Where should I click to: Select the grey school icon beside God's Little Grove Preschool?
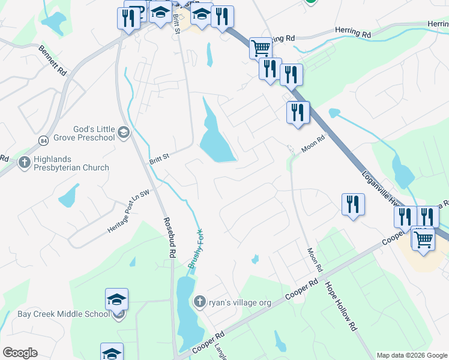(x=124, y=132)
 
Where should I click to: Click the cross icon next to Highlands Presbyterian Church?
(x=24, y=162)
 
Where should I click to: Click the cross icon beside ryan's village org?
(x=200, y=301)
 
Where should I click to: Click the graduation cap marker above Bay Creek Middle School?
(x=117, y=299)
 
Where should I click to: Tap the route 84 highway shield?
(x=42, y=140)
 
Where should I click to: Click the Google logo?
(x=20, y=353)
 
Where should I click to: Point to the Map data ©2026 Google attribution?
(x=412, y=355)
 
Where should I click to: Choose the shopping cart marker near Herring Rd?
(x=261, y=48)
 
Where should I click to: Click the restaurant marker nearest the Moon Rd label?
(x=298, y=113)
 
